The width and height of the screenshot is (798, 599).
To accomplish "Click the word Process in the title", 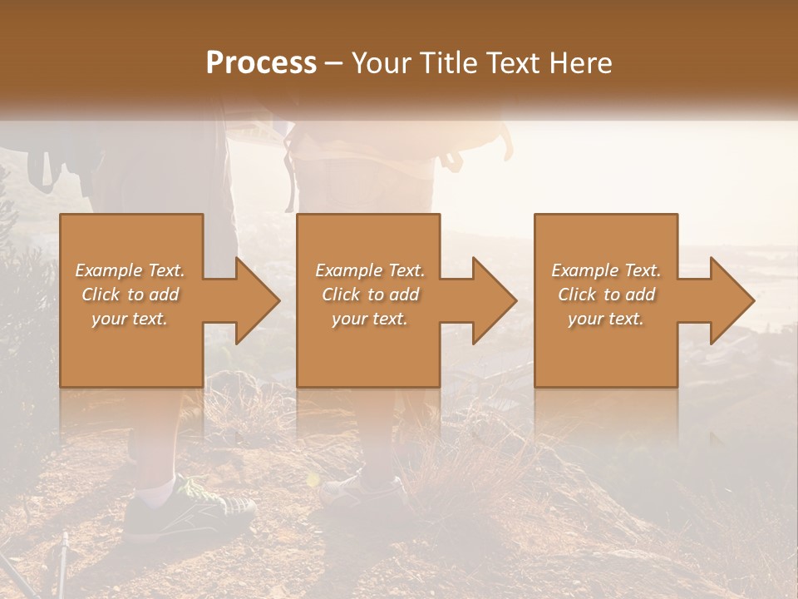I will pos(261,63).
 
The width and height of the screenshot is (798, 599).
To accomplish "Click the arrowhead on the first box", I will pos(257,300).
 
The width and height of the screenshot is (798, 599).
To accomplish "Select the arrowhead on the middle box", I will pos(494,300).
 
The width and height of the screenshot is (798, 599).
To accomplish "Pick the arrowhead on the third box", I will pos(731,300).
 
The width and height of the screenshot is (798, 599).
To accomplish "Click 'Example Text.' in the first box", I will pos(130,270).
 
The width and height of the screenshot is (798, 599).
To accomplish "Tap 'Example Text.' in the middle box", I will pos(370,270).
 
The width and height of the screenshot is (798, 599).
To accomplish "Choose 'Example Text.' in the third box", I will pos(606,270).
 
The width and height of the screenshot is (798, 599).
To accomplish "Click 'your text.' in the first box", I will pos(130,319).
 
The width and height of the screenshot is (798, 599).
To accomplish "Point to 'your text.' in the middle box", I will pos(370,319).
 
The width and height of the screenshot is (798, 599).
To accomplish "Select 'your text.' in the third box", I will pos(606,319).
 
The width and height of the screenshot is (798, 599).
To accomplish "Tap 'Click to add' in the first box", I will pos(130,295).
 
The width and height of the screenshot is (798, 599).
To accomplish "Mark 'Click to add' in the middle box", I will pos(370,295).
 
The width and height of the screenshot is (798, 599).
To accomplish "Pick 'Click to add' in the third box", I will pos(606,295).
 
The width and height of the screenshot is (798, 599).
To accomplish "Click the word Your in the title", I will pos(382,63).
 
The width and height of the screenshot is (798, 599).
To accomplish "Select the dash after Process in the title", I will pos(334,63).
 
